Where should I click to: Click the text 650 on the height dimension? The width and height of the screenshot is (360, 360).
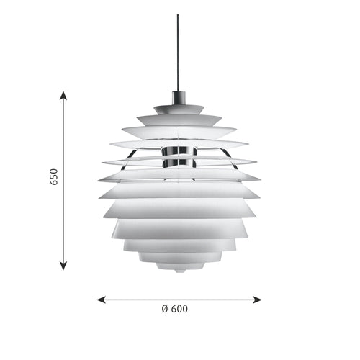click(x=53, y=177)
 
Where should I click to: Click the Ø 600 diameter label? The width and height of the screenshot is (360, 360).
click(x=175, y=309)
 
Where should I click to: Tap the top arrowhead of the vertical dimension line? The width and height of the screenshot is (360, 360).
click(x=63, y=95)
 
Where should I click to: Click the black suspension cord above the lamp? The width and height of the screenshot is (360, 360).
click(x=178, y=50)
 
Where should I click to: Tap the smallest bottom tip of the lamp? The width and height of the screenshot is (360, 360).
click(x=178, y=270)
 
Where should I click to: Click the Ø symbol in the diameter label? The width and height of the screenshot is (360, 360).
click(x=165, y=309)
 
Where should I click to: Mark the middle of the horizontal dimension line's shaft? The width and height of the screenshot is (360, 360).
click(x=179, y=298)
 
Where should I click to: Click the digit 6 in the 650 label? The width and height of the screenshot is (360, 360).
click(x=53, y=183)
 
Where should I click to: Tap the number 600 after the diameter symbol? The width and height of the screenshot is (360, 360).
click(x=180, y=309)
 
